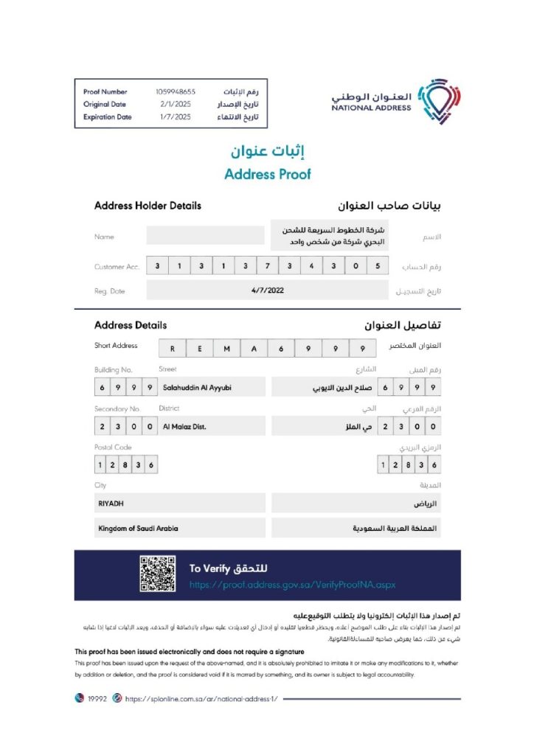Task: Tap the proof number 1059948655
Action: coord(176,91)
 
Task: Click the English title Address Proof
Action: coord(267,175)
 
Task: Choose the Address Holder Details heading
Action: coord(148,206)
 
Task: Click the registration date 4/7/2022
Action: coord(267,290)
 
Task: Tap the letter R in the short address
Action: coord(172,349)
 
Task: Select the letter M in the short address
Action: coord(226,349)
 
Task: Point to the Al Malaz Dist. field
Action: coord(185,426)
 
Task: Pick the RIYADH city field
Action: coord(180,503)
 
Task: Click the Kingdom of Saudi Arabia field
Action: coord(180,529)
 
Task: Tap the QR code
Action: coord(157,574)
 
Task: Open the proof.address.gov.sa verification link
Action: coord(292,584)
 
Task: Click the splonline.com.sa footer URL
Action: coord(201,698)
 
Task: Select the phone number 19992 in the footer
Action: coord(98,698)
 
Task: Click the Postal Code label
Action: coord(113,448)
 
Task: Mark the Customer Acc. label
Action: coord(117,267)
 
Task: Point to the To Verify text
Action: coord(206,568)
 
